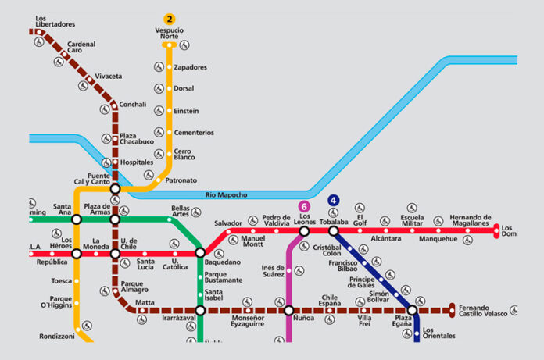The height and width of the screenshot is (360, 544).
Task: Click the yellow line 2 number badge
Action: pos(169,18)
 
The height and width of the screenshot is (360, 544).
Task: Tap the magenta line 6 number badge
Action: pos(304,206)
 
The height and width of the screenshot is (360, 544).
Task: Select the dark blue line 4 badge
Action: pos(334,201)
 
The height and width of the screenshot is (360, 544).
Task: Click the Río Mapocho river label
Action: pos(226,194)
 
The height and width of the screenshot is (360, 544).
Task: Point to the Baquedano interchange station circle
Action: pos(200,253)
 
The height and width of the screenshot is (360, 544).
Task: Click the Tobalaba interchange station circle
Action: pos(334,231)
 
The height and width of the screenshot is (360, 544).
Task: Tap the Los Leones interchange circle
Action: pos(304,231)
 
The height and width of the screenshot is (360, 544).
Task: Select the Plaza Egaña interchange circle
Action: pos(412,310)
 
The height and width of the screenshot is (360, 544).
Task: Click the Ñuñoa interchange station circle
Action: pos(288,310)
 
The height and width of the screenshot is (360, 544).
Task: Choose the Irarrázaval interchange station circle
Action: pos(200,310)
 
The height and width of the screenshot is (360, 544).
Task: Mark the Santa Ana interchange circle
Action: pos(77,219)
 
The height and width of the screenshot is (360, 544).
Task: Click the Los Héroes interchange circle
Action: pos(77,254)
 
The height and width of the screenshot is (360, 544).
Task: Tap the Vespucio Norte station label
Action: pos(169,33)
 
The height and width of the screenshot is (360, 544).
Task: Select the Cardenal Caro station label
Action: pos(81,48)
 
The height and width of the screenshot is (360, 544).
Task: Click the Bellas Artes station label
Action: pos(180,212)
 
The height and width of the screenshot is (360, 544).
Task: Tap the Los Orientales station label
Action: pos(438,333)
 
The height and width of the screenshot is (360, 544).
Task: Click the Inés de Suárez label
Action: pos(273,271)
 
